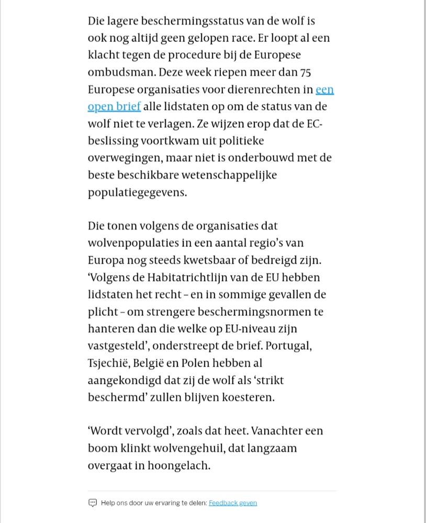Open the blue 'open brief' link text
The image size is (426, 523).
pos(114,107)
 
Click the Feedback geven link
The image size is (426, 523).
pos(233,503)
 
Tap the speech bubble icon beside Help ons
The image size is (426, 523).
pos(93,503)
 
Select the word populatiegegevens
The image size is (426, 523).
pos(137,192)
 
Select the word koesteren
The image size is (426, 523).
pos(246,397)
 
